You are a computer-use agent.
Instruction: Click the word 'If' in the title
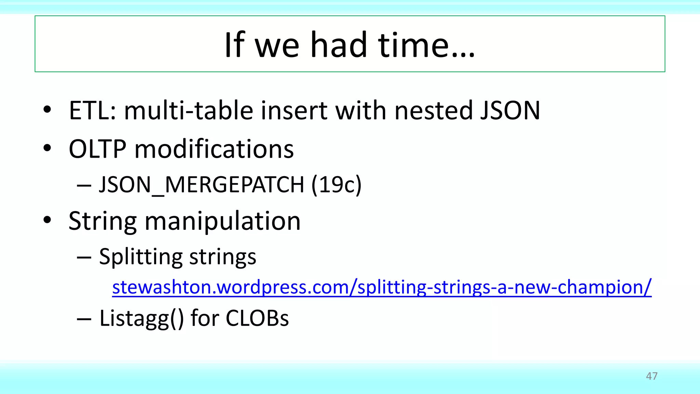[234, 45]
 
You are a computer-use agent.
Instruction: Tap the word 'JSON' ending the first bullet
[510, 111]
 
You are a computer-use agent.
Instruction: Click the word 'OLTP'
[98, 149]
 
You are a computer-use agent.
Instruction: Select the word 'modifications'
[214, 149]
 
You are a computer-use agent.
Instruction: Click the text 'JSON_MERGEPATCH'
[201, 185]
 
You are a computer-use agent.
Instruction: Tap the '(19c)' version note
[336, 185]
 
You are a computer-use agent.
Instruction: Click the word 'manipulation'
[223, 221]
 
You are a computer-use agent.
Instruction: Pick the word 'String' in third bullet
[103, 221]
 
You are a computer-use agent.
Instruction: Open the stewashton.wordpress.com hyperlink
[381, 287]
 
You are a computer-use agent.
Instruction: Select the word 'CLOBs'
[257, 318]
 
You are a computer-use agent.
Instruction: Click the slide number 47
[651, 376]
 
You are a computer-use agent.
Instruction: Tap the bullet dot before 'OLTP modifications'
[47, 148]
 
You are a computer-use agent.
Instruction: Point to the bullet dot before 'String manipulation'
[47, 220]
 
